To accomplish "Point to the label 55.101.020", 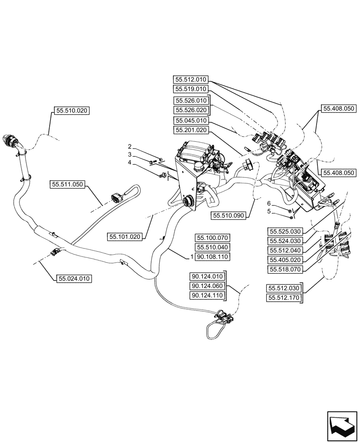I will tap(124, 237).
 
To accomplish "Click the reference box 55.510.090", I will tap(229, 215).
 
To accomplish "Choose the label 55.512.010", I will tap(191, 80).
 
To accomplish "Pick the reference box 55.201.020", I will tap(191, 130).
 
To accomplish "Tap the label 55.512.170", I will tap(284, 298).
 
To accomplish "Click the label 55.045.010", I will tap(191, 120).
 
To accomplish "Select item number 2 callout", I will tap(130, 147).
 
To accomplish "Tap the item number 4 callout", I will tap(130, 163).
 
